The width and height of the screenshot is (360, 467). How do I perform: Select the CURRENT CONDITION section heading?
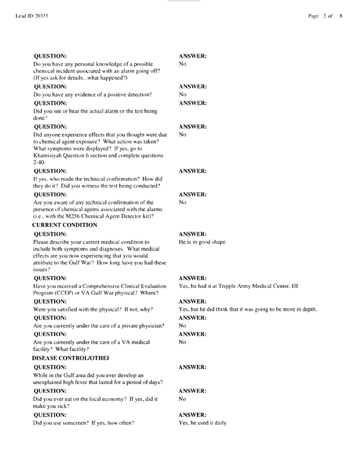(64, 225)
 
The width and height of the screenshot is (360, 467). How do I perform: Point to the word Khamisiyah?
(53, 154)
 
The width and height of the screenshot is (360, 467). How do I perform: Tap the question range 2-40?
(39, 161)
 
